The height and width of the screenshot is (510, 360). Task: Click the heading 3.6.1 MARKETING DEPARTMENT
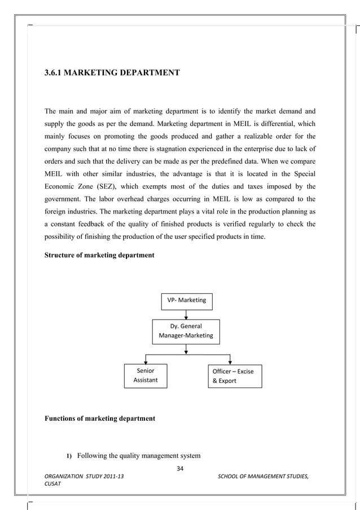click(x=112, y=73)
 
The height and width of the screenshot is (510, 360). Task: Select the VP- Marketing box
click(x=186, y=300)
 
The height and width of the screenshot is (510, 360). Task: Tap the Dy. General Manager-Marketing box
click(x=186, y=331)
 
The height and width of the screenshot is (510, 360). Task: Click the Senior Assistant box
click(x=145, y=376)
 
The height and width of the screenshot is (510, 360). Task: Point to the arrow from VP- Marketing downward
click(x=186, y=315)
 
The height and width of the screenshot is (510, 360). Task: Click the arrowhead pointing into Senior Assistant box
click(x=146, y=362)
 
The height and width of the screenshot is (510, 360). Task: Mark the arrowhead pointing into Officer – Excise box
click(x=230, y=362)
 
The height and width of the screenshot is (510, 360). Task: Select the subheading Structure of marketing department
click(x=99, y=255)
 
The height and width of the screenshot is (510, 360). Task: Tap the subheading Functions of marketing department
click(x=100, y=419)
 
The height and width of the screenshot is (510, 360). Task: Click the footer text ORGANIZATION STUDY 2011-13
click(x=85, y=477)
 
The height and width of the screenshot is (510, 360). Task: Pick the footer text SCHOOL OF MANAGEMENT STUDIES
click(x=263, y=477)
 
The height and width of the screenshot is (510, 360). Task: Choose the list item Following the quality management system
click(x=138, y=456)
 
